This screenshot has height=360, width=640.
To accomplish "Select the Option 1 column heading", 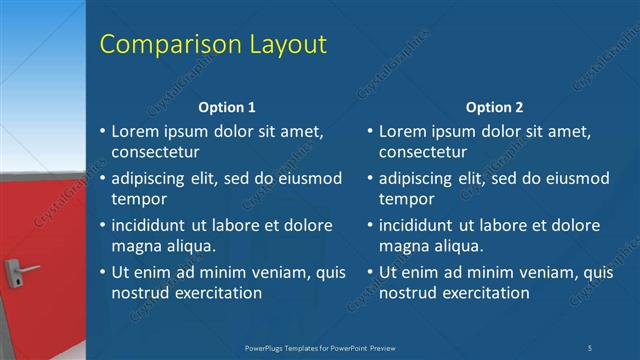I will [227, 107].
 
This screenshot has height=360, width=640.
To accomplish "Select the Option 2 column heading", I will [494, 107].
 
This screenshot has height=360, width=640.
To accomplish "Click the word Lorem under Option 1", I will [136, 130].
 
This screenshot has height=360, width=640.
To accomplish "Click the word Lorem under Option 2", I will [403, 130].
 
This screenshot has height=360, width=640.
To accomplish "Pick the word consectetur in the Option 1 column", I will [155, 152].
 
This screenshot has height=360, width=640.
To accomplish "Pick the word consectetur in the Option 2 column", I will [422, 152].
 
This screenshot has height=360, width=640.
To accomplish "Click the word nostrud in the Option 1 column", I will [140, 293].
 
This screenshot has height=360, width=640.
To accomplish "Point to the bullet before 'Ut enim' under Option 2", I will [369, 273].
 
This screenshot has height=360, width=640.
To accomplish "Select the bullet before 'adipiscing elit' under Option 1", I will [102, 179].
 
